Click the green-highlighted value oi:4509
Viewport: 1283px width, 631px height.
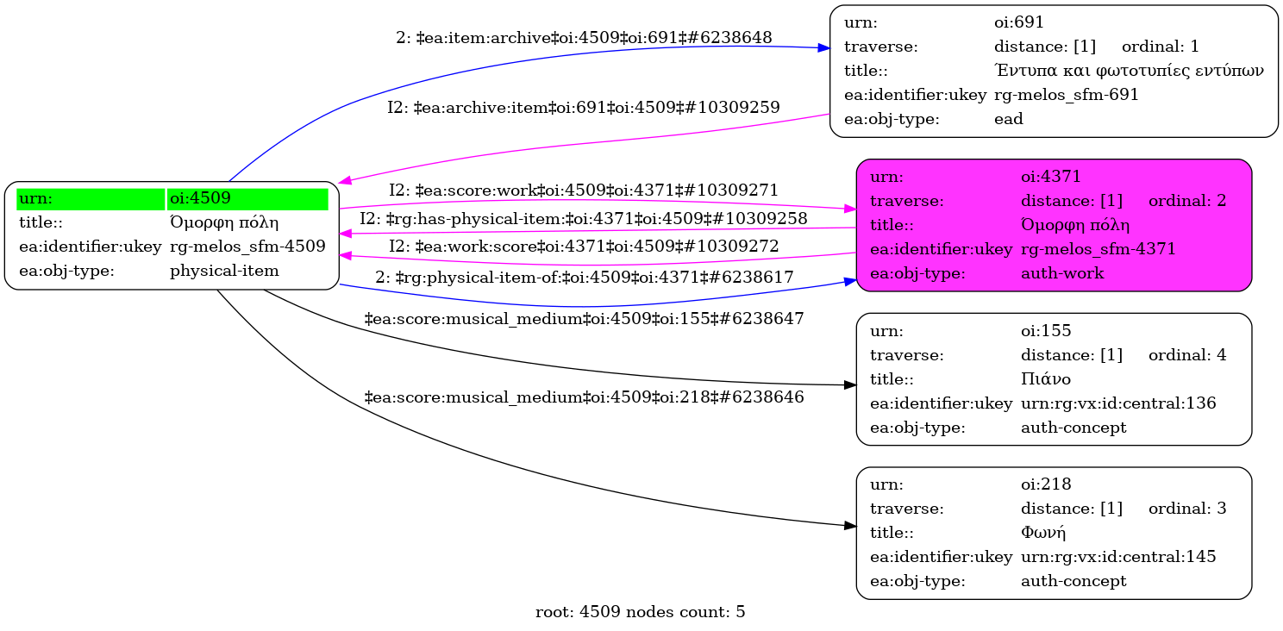[x=199, y=198]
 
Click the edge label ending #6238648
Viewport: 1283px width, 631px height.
[x=584, y=38]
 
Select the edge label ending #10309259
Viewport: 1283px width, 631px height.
[x=583, y=108]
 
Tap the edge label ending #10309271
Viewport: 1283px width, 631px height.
[x=584, y=190]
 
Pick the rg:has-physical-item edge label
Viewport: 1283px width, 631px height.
[x=583, y=219]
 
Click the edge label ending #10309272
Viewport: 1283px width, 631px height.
[x=584, y=247]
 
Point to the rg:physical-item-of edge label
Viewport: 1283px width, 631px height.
[x=584, y=278]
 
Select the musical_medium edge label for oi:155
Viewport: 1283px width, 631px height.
[x=584, y=319]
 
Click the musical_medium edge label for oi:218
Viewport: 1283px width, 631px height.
[x=584, y=397]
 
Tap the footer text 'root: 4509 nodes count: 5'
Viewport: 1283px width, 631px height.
[x=640, y=613]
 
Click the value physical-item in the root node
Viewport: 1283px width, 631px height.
[x=224, y=271]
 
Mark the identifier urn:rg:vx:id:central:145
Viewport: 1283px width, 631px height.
[x=1118, y=557]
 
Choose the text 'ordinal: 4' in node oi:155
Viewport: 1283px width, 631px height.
[x=1186, y=354]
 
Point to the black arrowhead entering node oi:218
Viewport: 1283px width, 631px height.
[x=850, y=525]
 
